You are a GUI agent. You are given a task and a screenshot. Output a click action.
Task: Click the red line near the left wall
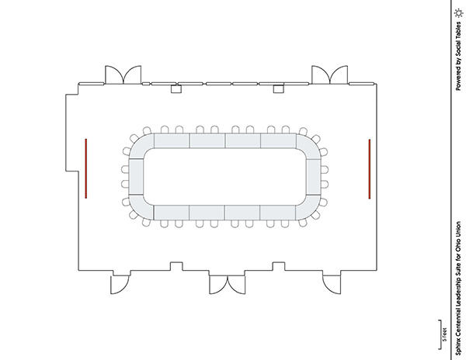coord(86,168)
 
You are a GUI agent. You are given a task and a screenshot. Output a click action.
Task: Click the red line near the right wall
coord(370,169)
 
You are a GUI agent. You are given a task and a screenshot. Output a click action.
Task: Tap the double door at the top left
coord(123,74)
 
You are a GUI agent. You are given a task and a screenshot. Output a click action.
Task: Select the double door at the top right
coord(329,74)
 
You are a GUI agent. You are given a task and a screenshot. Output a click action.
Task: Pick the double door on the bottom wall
coord(228,285)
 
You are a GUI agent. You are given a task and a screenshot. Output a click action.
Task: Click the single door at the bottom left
coord(120,285)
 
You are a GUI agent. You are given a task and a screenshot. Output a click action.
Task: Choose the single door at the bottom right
coord(332,285)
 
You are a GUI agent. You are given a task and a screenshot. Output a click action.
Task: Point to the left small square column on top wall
coord(176,88)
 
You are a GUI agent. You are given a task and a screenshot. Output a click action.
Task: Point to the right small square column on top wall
coord(279,88)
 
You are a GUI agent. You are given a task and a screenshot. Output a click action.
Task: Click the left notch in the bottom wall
coord(176,266)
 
